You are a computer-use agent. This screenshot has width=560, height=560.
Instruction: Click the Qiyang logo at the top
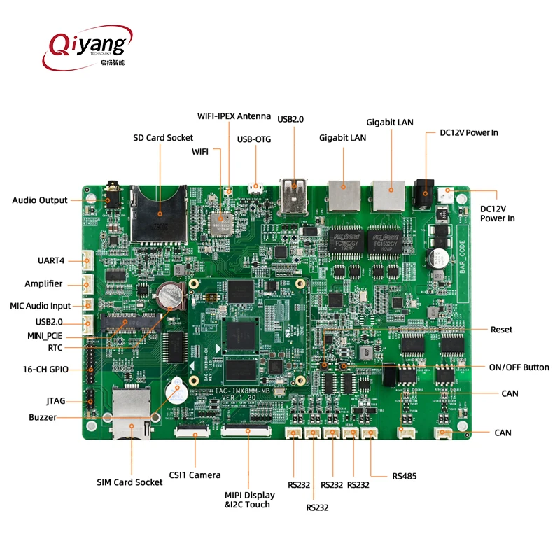pyautogui.click(x=87, y=45)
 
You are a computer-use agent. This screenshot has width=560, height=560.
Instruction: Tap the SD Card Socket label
pyautogui.click(x=163, y=137)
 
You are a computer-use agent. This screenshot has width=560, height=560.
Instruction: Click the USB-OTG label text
pyautogui.click(x=254, y=139)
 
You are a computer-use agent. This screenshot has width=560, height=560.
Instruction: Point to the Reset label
pyautogui.click(x=501, y=330)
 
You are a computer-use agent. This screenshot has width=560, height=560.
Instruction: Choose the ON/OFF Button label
pyautogui.click(x=519, y=367)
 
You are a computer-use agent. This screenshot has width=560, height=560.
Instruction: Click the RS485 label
pyautogui.click(x=403, y=476)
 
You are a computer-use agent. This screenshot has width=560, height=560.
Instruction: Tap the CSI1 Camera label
pyautogui.click(x=195, y=475)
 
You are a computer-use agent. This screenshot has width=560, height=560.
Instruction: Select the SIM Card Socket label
pyautogui.click(x=129, y=482)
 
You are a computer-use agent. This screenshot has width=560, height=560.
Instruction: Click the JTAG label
pyautogui.click(x=56, y=401)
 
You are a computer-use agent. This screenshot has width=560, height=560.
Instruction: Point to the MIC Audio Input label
pyautogui.click(x=41, y=306)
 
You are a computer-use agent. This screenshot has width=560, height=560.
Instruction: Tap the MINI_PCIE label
pyautogui.click(x=50, y=335)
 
